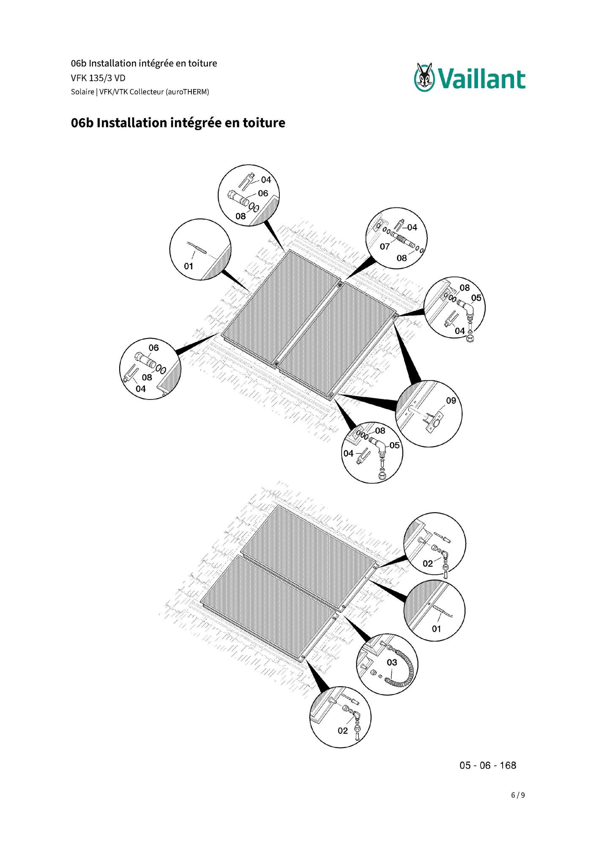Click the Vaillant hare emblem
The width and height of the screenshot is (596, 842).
click(x=424, y=77)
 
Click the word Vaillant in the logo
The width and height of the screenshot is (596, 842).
click(x=481, y=79)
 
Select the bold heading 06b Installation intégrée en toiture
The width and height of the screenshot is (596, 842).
click(x=178, y=123)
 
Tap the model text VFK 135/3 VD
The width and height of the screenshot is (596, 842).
click(x=98, y=78)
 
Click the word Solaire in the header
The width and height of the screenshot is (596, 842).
click(x=82, y=92)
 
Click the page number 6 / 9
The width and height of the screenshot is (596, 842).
click(x=518, y=795)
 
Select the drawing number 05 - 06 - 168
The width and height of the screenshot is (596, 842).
click(x=488, y=765)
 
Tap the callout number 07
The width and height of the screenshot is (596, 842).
click(x=385, y=247)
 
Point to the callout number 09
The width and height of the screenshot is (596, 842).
click(x=451, y=400)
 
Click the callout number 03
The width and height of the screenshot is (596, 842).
click(x=392, y=663)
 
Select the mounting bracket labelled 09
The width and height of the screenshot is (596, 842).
click(x=435, y=421)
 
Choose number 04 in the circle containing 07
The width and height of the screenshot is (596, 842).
click(x=412, y=227)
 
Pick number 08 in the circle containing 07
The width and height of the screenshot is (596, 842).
click(x=402, y=258)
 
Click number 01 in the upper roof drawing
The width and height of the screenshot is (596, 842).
click(x=189, y=266)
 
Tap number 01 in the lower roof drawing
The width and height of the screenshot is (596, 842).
click(x=437, y=629)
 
